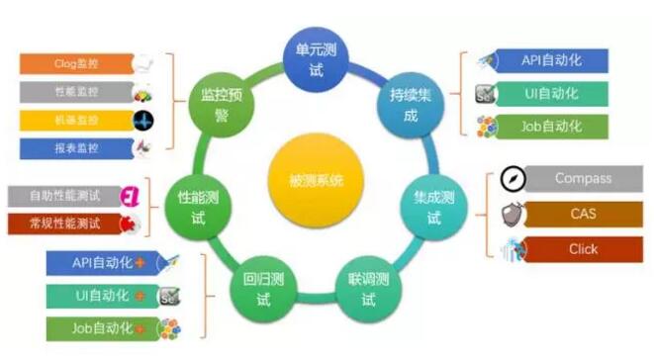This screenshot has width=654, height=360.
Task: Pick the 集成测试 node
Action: pos(433,207)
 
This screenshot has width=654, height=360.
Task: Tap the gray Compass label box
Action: pos(583,179)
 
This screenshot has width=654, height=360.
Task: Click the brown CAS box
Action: pos(583,214)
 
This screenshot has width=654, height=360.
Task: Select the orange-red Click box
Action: pos(583,248)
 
